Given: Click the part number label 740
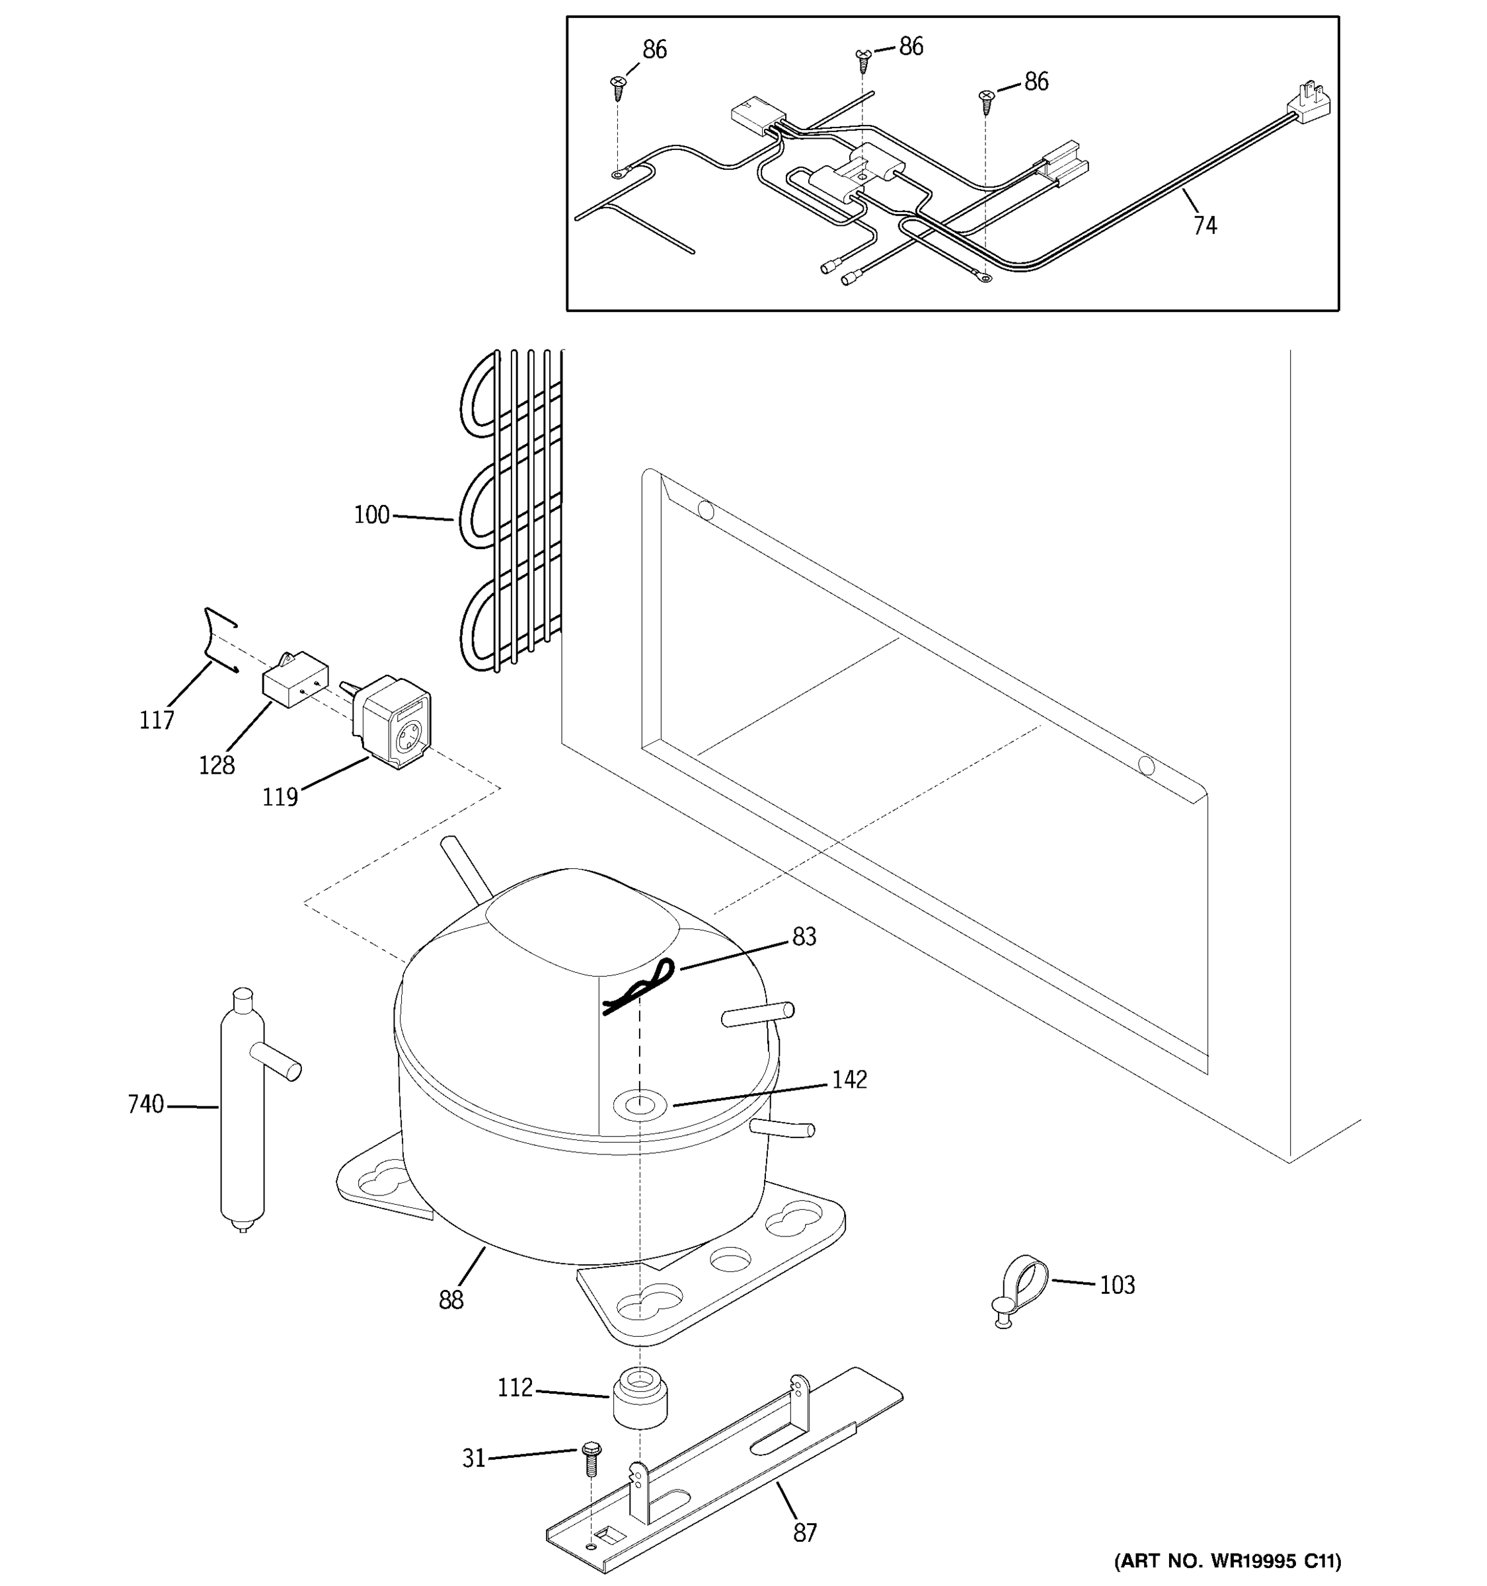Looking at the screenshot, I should coord(145,1105).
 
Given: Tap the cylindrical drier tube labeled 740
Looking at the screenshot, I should coord(242,1117).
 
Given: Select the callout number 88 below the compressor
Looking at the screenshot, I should coord(451,1301).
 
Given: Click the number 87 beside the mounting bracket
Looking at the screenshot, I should coord(805,1532).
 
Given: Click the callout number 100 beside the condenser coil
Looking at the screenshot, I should coord(371,515).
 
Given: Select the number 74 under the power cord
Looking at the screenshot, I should coord(1205,227).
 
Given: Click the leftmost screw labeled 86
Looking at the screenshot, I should coord(618,86).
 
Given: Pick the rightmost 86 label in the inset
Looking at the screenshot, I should coord(1036,81).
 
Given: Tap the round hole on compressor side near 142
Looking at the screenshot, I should coord(639,1105).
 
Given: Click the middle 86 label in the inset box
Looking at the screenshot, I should coord(910,47).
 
